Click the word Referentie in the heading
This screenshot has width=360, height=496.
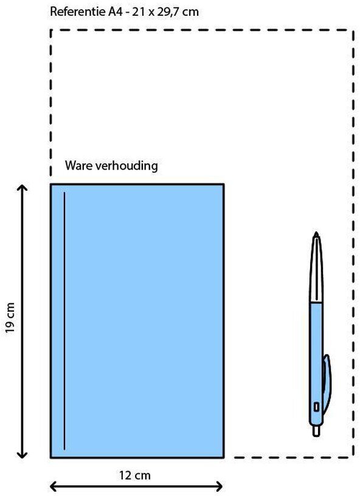click(x=76, y=12)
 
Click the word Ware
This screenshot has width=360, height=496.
click(x=78, y=165)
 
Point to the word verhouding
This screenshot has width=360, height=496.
click(x=126, y=165)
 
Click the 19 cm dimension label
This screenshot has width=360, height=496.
click(x=10, y=317)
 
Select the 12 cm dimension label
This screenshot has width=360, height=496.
click(x=135, y=475)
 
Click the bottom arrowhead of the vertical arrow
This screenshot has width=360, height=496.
click(x=22, y=454)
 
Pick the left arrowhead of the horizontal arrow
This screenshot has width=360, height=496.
click(x=54, y=486)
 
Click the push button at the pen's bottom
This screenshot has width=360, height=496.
click(x=316, y=431)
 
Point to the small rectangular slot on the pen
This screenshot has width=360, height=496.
click(x=316, y=407)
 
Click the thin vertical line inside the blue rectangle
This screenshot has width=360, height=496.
click(x=64, y=321)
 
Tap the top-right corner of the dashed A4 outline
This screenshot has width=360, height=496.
click(x=353, y=30)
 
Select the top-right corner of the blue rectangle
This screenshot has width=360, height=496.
click(x=224, y=184)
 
